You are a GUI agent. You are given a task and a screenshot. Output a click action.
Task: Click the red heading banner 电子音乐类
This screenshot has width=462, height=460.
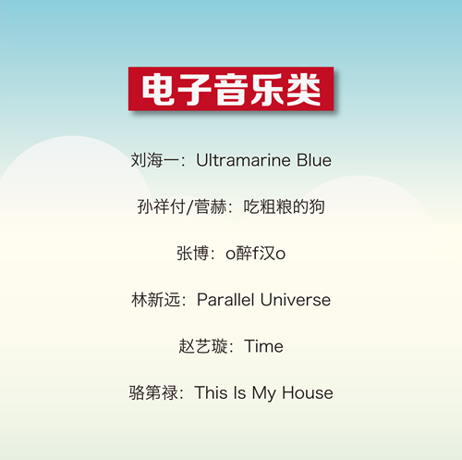click(x=231, y=89)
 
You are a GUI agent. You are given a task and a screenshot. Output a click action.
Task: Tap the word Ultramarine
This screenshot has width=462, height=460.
click(x=243, y=160)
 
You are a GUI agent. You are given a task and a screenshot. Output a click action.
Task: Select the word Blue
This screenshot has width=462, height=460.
click(x=314, y=160)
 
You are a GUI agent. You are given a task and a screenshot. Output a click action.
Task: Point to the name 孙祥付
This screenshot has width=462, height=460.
click(x=161, y=206)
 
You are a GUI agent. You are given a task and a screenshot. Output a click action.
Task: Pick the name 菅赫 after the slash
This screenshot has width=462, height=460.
click(x=211, y=206)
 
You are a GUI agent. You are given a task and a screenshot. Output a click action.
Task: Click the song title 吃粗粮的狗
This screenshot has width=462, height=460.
click(x=284, y=206)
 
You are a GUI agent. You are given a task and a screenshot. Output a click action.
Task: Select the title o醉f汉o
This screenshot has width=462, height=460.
click(x=256, y=254)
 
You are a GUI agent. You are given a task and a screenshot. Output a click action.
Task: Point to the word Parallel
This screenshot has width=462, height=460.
click(x=225, y=300)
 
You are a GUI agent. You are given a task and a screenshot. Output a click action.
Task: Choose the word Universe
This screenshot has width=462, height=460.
click(x=296, y=300)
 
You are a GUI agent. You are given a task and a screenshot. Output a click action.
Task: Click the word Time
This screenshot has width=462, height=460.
click(x=264, y=346)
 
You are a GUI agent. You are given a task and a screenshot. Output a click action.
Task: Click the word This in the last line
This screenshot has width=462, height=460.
click(x=211, y=392)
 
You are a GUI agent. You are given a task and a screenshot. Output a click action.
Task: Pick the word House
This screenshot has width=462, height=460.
click(x=308, y=392)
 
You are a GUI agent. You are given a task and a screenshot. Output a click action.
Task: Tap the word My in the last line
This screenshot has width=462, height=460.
click(x=264, y=393)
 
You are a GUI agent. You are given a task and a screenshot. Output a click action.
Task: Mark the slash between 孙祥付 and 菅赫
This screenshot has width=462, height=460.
click(x=189, y=206)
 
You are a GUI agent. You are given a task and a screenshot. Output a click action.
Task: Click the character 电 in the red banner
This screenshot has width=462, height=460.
click(x=158, y=90)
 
